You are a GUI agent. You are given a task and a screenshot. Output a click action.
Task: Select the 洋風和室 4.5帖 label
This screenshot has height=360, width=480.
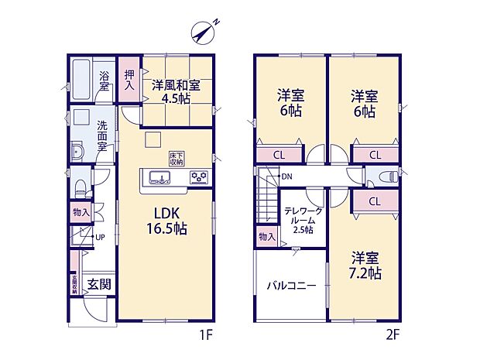point(175,91)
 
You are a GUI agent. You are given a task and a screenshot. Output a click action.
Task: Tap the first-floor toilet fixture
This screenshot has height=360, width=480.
point(81,187)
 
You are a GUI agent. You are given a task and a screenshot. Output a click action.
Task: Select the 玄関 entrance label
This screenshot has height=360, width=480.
point(98,283)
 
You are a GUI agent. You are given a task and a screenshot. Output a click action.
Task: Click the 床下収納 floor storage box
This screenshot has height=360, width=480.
point(177,159)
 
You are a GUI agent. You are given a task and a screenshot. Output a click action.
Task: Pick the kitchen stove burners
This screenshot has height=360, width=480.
point(199,177)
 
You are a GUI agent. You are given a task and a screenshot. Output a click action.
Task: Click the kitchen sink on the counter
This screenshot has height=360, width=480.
point(156,179)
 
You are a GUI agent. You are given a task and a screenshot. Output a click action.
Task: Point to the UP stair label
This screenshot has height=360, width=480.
point(100,237)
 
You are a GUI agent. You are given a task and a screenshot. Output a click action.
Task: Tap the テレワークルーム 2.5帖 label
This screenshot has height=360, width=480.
point(299,220)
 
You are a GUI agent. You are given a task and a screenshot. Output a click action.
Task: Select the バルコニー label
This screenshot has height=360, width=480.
point(291,285)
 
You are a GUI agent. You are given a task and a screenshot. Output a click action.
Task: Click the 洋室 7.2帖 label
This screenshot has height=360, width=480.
point(364,266)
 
